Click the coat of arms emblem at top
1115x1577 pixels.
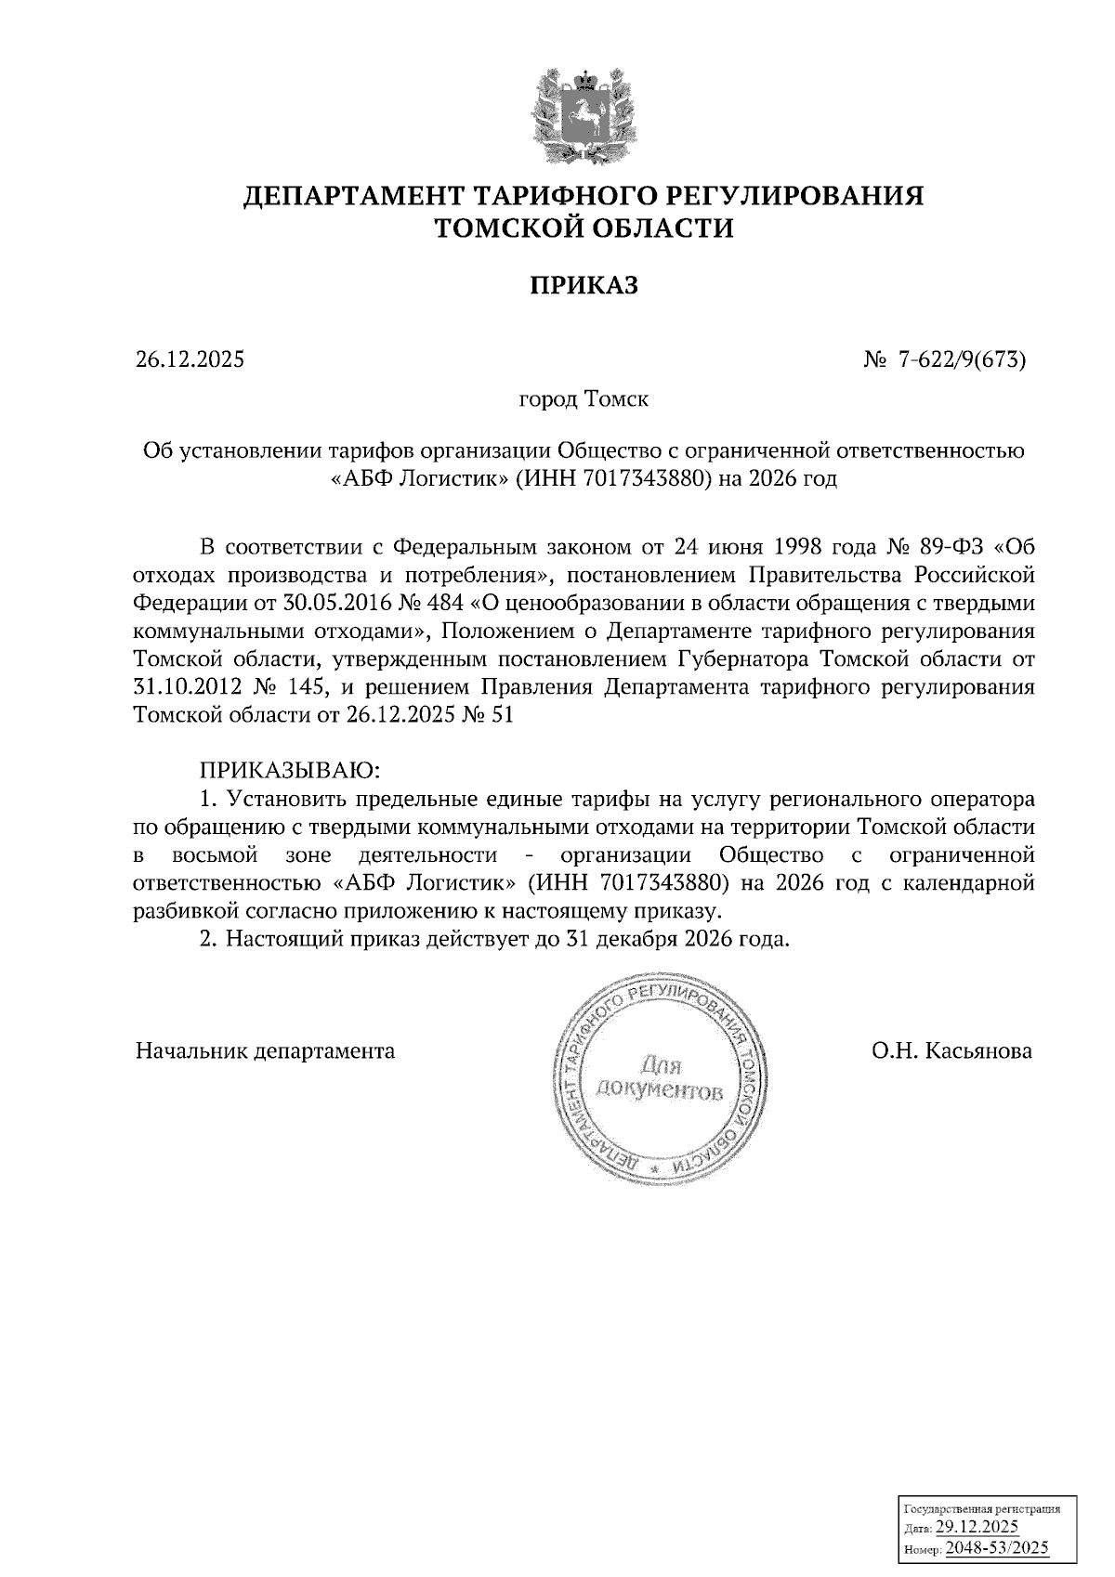click(x=584, y=111)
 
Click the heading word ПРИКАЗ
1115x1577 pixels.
click(x=584, y=285)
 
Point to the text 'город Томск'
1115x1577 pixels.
click(x=583, y=399)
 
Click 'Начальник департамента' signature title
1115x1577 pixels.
click(x=265, y=1051)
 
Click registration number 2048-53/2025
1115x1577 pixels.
click(x=997, y=1547)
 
